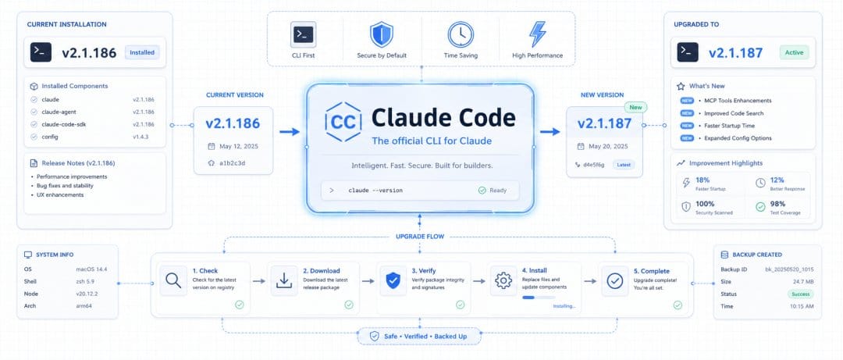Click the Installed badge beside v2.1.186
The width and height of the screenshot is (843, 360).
click(x=142, y=52)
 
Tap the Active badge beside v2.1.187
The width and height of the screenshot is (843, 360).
click(x=794, y=52)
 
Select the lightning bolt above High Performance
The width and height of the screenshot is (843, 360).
click(x=536, y=34)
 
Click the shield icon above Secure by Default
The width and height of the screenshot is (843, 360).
click(x=381, y=34)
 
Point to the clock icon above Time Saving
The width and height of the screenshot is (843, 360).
click(x=461, y=34)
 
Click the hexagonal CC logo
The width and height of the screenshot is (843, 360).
click(x=342, y=121)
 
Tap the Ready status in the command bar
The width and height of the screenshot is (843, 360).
click(x=492, y=190)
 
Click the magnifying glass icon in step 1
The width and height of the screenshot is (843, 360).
click(x=173, y=280)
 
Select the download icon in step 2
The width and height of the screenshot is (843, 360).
click(x=284, y=280)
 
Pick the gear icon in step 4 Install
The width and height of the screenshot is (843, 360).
click(x=503, y=280)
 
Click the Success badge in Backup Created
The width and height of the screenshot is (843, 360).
click(x=801, y=294)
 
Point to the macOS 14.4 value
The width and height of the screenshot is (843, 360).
click(x=91, y=269)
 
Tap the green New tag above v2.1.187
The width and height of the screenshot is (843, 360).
click(x=635, y=107)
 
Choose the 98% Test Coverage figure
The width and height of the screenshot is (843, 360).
click(x=778, y=204)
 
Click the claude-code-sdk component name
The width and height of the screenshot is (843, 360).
click(x=64, y=124)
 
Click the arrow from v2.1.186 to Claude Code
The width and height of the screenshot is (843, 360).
click(x=290, y=132)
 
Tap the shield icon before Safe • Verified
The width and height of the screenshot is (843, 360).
click(x=374, y=336)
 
